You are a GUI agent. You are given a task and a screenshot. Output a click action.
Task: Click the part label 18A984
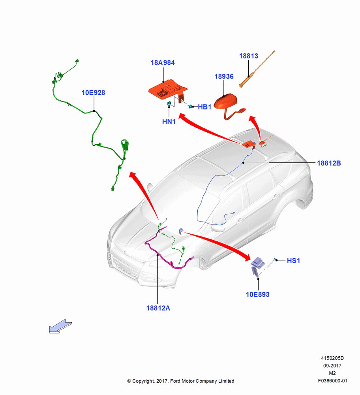coord(163,62)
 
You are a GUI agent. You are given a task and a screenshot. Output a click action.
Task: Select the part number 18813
coord(249,56)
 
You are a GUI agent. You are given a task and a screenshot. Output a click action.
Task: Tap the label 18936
coord(224,76)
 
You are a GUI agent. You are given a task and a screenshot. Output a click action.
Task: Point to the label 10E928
coord(94,92)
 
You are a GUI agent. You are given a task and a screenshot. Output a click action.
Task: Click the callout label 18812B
coord(329,163)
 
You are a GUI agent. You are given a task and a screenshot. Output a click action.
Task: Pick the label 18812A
coord(158,308)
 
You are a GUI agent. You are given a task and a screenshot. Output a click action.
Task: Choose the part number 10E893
coord(257,295)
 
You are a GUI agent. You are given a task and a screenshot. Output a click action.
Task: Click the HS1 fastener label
coord(294,260)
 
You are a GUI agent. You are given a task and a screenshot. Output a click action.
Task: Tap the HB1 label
coord(204,107)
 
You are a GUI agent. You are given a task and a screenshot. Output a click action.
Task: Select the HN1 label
coord(169,121)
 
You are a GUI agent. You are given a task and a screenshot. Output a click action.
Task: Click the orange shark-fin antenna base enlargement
coord(225,101)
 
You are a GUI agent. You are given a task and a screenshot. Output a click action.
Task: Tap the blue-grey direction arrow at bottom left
coord(60,326)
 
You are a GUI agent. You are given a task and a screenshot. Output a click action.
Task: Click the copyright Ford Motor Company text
coord(180,381)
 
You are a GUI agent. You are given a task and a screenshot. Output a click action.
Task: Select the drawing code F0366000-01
coord(332,381)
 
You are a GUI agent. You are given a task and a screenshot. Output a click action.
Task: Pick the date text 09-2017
coord(332,365)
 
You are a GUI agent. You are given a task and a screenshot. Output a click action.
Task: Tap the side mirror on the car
coord(218,228)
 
